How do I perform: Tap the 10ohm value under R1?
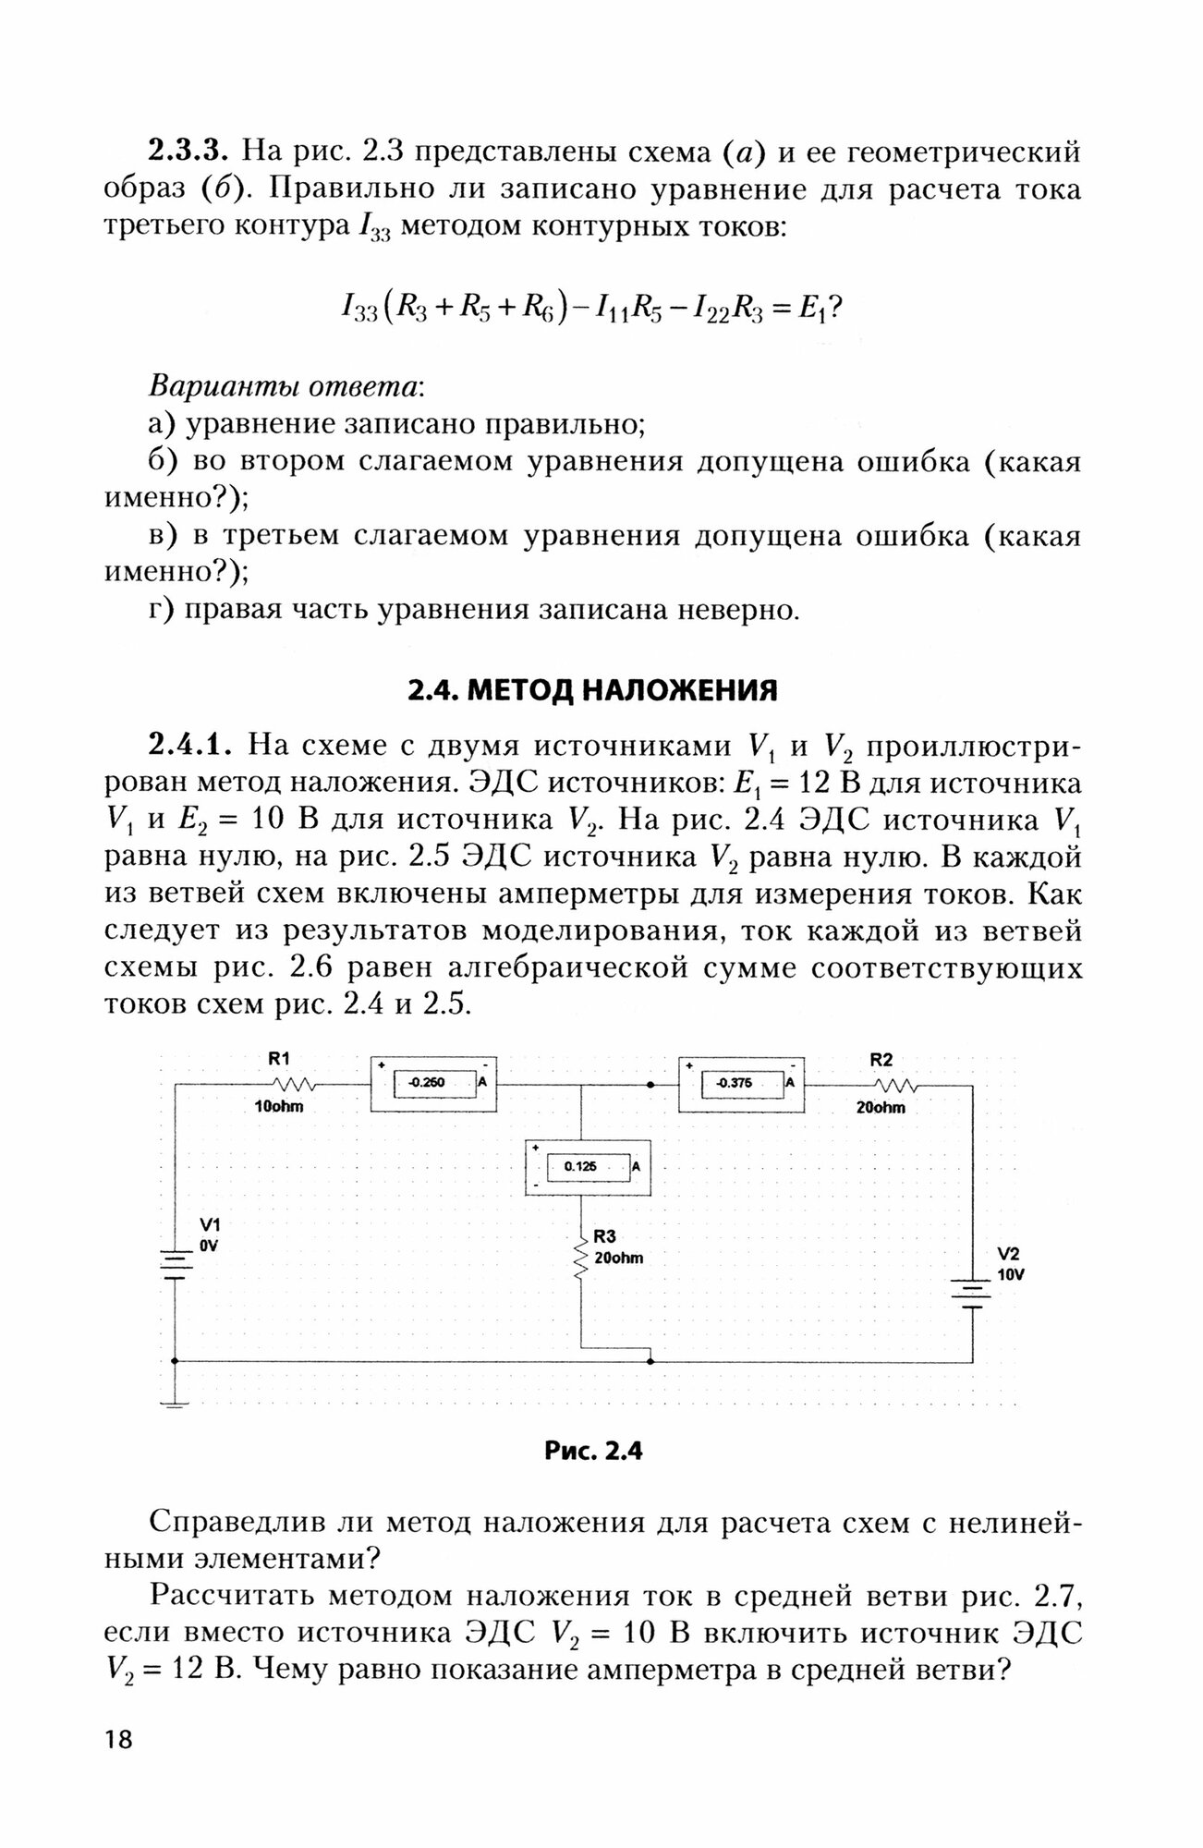click(x=279, y=1106)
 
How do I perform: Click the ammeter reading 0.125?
click(x=579, y=1167)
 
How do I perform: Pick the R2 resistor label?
click(x=881, y=1060)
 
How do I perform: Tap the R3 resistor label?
click(x=605, y=1236)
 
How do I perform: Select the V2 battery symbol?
click(x=972, y=1294)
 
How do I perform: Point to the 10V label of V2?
click(x=1011, y=1274)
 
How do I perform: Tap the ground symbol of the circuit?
click(x=176, y=1404)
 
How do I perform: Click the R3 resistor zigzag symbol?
click(x=581, y=1257)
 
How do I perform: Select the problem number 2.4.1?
click(x=192, y=745)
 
